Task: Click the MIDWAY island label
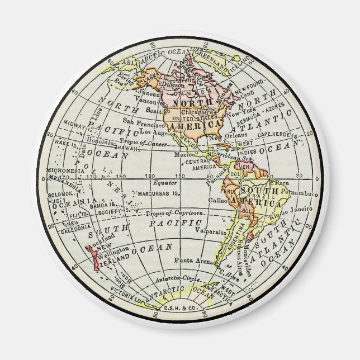(x=74, y=124)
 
